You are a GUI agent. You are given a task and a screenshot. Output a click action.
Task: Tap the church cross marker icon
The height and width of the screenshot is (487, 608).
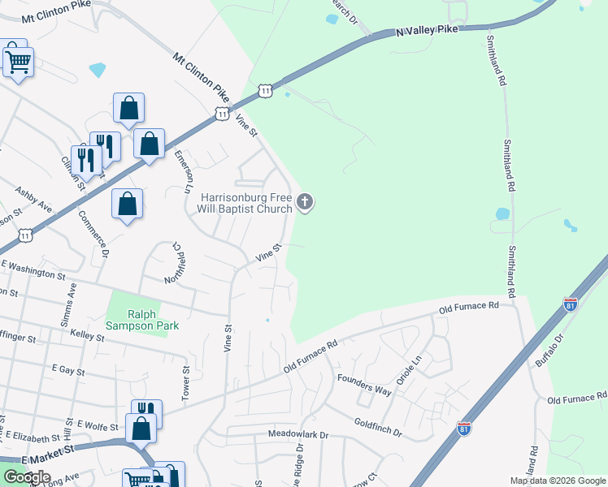305,202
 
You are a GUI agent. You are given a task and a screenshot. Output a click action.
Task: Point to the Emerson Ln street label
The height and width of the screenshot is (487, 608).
182,170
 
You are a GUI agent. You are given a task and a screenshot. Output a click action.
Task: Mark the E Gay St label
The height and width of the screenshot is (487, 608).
68,369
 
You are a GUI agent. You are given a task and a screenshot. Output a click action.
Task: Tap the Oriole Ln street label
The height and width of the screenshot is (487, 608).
413,368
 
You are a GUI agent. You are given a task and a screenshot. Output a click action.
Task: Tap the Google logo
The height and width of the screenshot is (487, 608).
27,476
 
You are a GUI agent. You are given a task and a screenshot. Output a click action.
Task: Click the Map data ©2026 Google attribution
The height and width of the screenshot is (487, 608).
558,480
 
